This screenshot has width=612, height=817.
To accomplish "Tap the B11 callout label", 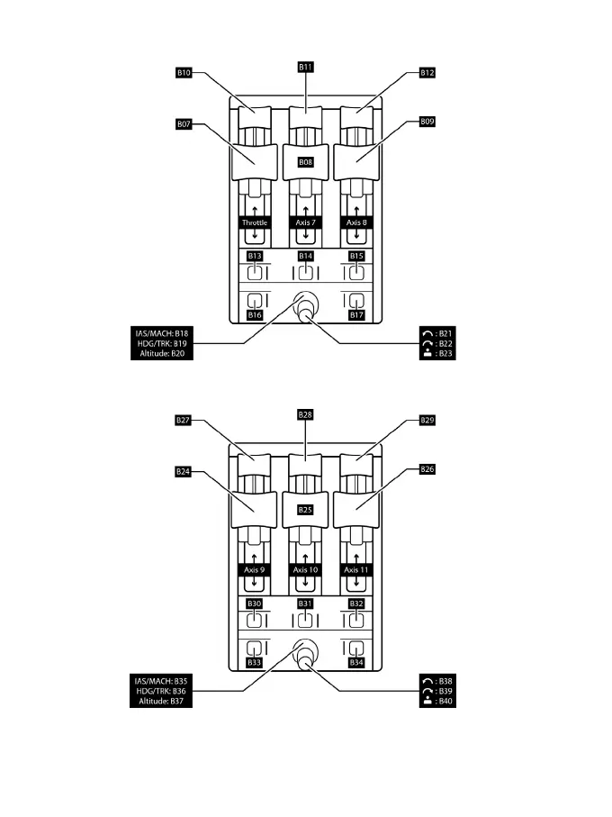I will click(305, 65).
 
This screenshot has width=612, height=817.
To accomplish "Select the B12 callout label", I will click(427, 71).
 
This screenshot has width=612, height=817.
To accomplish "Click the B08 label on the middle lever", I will click(305, 161).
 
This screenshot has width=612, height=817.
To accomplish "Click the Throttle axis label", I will click(255, 222).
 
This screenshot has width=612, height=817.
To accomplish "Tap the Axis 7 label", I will click(305, 222).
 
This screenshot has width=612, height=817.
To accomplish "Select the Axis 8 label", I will click(355, 222).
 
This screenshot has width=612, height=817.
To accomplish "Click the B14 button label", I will click(305, 256).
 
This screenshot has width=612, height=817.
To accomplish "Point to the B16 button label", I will click(255, 316).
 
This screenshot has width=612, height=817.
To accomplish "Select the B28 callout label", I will click(305, 413).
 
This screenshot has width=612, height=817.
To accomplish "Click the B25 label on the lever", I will click(305, 510).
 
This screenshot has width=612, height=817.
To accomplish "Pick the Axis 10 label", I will click(305, 569).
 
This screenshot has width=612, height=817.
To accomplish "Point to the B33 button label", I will click(255, 663).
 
